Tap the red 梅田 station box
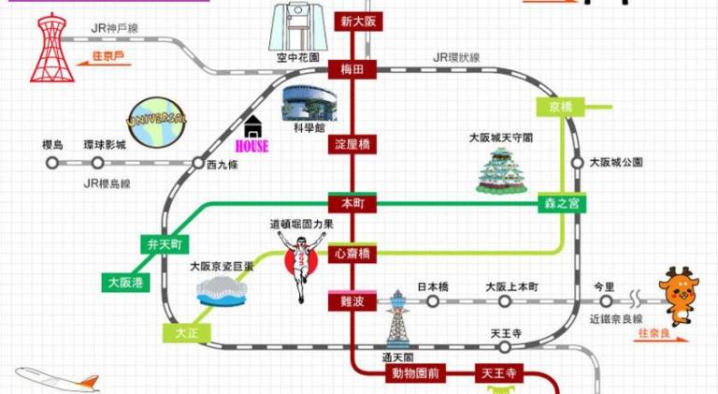coord(352,67)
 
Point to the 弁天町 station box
coord(164,245)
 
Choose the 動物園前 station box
coord(416,373)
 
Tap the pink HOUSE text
coord(251,146)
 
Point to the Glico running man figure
coord(298,262)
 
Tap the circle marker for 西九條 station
coord(198,162)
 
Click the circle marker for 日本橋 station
coord(433,301)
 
